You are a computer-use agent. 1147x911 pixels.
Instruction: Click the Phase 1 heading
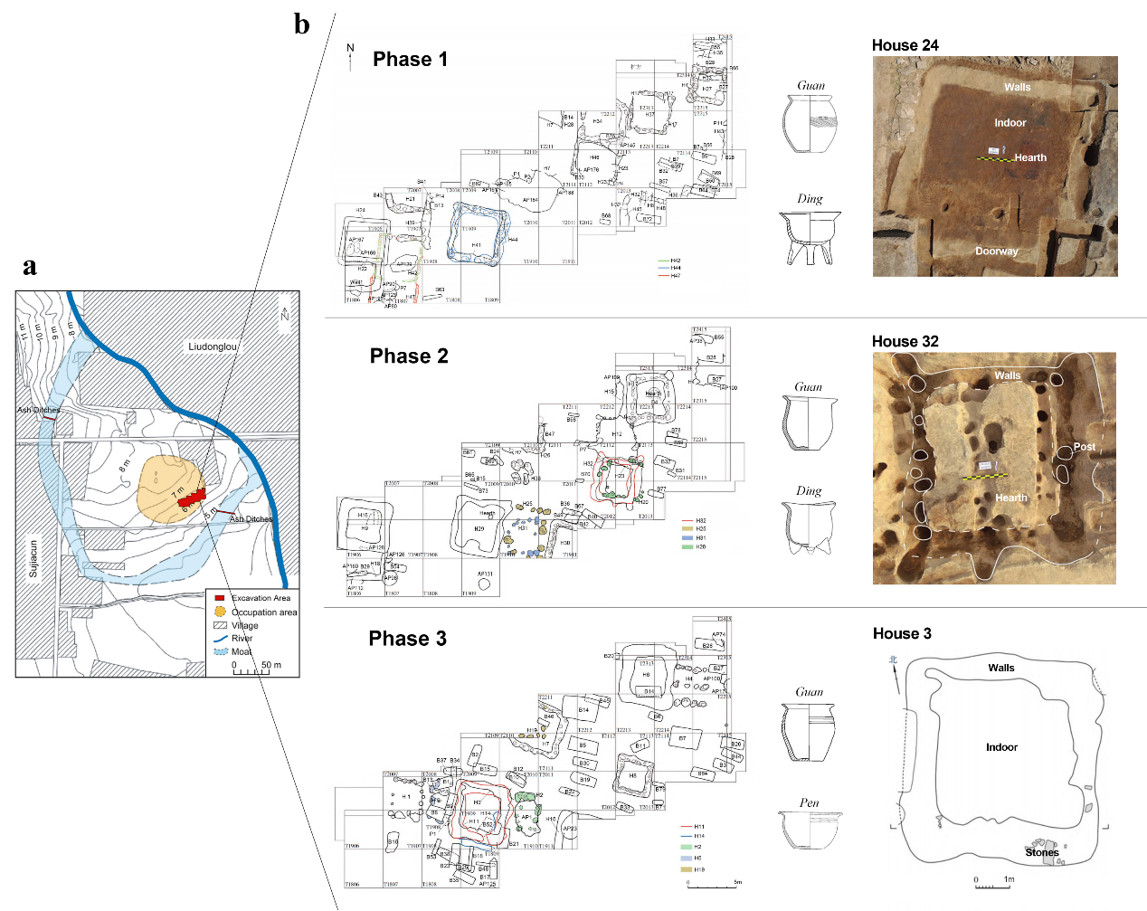410,60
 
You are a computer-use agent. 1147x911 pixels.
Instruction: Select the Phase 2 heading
409,356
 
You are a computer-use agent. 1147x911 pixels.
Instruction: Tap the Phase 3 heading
407,640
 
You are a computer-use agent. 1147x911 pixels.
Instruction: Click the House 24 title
905,45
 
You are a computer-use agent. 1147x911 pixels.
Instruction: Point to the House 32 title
905,341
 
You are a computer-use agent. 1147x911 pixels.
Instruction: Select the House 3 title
902,633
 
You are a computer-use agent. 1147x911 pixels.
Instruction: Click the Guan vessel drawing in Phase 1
809,123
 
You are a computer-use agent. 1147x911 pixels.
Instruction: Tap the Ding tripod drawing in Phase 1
810,237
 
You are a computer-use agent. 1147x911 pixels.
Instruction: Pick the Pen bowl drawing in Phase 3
810,829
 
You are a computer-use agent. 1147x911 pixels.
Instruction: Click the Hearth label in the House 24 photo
1029,157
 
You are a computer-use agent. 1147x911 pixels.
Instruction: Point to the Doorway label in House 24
996,251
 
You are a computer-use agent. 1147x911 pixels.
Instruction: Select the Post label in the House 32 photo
1084,447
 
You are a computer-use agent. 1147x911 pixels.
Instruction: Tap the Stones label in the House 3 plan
1041,852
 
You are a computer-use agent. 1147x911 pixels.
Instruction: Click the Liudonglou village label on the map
213,346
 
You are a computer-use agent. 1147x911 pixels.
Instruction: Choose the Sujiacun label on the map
34,559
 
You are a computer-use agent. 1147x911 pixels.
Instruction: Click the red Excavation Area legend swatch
219,598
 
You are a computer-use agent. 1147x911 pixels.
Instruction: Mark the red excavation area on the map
192,498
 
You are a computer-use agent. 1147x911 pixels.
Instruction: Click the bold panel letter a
30,266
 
